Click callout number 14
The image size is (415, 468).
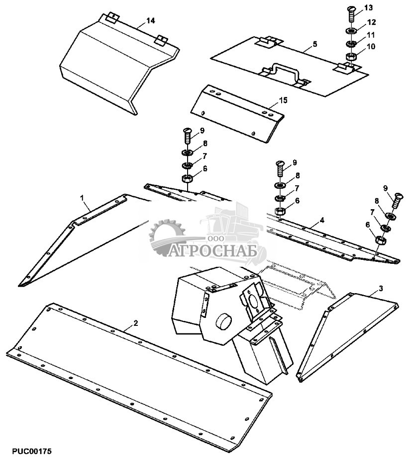click(151, 21)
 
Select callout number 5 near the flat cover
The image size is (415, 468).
click(315, 44)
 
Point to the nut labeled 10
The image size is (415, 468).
click(350, 56)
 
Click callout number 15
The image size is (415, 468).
click(283, 100)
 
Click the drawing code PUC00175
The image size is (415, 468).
click(32, 451)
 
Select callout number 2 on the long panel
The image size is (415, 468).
click(136, 323)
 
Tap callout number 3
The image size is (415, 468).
click(381, 289)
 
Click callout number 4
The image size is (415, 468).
click(322, 220)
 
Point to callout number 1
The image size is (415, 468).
click(82, 198)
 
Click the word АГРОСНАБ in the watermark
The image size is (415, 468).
click(213, 251)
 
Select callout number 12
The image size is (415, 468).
click(371, 22)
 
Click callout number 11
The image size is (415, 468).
click(371, 35)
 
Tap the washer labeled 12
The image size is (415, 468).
click(351, 30)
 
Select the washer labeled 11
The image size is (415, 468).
click(350, 44)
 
